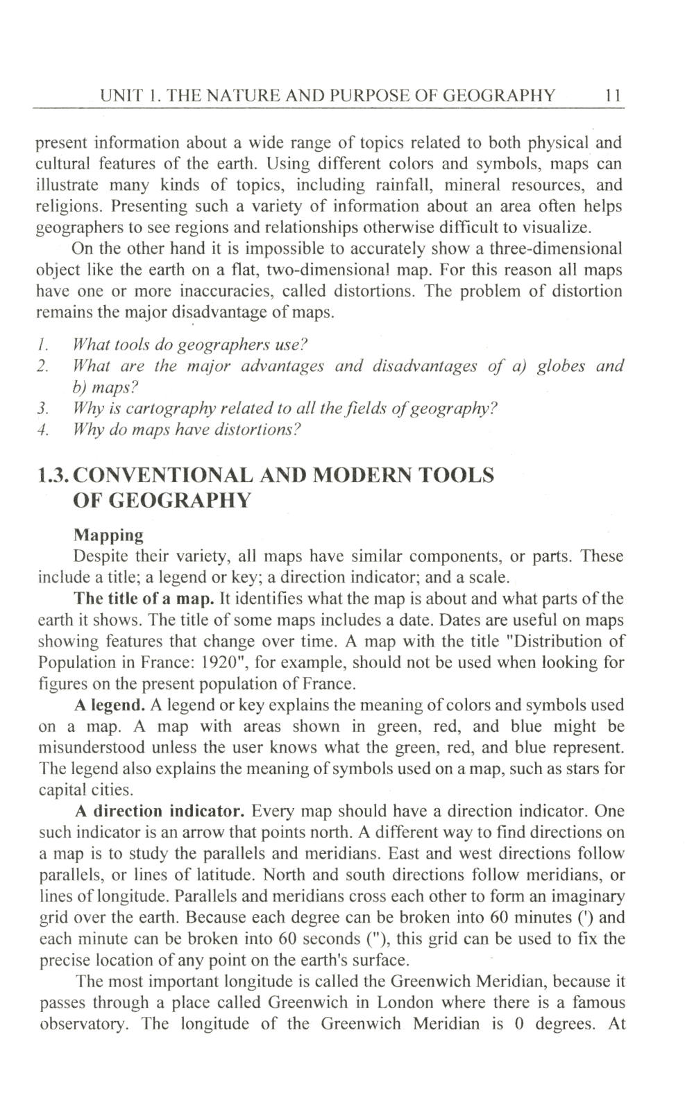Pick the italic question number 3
[42, 408]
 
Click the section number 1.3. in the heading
[53, 475]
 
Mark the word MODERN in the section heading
[376, 475]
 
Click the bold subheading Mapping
[108, 535]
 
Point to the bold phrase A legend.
[110, 705]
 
